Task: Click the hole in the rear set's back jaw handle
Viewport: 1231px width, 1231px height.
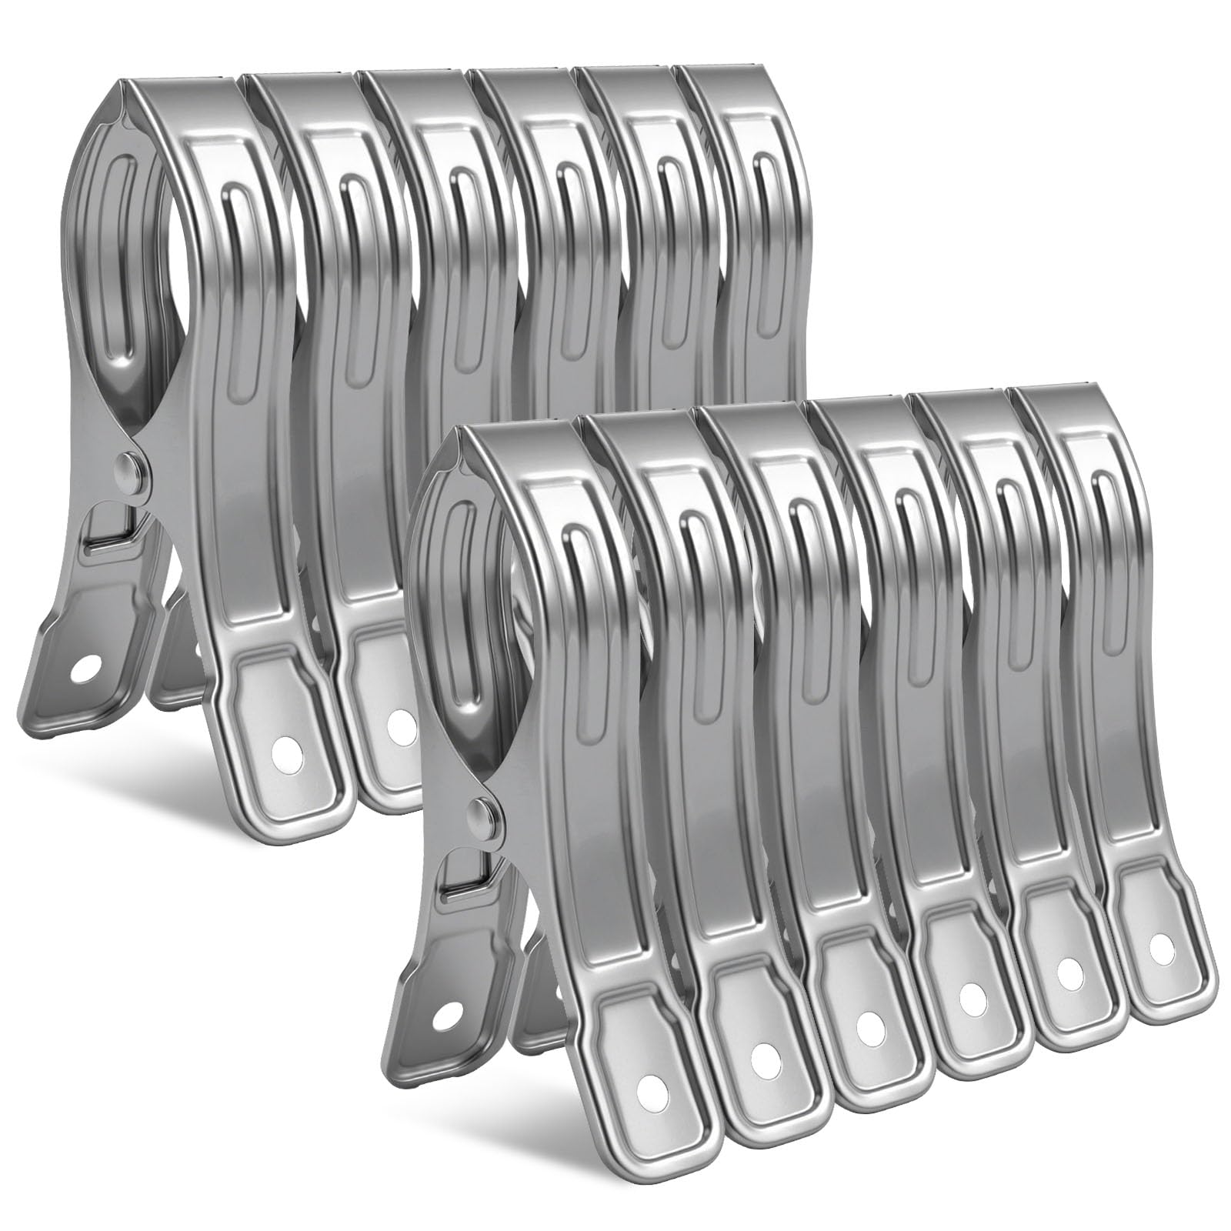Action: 80,668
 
